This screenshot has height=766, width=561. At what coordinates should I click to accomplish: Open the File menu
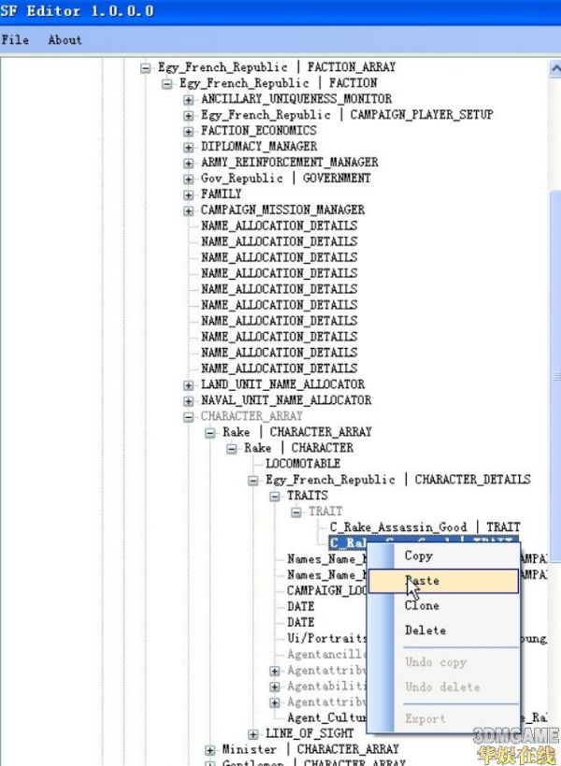pos(15,39)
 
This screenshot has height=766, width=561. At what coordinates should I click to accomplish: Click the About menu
pos(65,39)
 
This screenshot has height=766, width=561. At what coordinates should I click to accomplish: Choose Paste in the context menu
pos(422,581)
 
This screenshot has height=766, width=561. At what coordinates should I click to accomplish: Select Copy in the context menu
pos(418,556)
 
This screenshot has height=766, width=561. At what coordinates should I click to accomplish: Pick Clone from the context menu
pos(422,605)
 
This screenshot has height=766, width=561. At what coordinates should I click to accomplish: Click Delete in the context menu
pos(424,630)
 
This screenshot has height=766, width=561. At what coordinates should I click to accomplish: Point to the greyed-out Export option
pos(424,718)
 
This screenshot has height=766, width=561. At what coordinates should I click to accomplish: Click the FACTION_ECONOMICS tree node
pos(258,130)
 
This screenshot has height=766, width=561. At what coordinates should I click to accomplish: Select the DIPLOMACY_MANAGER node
pos(258,146)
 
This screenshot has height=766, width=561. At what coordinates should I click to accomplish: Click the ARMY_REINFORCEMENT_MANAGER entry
pos(289,162)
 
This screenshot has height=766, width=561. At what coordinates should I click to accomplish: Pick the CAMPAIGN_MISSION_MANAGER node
pos(282,210)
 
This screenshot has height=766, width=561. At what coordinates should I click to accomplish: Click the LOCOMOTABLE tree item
pos(303,463)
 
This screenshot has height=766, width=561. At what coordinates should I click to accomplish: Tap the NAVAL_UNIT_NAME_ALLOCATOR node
pos(285,399)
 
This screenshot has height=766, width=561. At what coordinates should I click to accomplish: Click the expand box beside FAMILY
pos(188,194)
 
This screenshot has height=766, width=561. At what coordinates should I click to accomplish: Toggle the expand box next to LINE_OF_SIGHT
pos(252,733)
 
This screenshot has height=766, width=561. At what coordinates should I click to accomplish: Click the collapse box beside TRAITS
pos(274,496)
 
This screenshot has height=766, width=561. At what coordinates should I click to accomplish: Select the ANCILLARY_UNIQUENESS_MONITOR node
pos(295,98)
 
